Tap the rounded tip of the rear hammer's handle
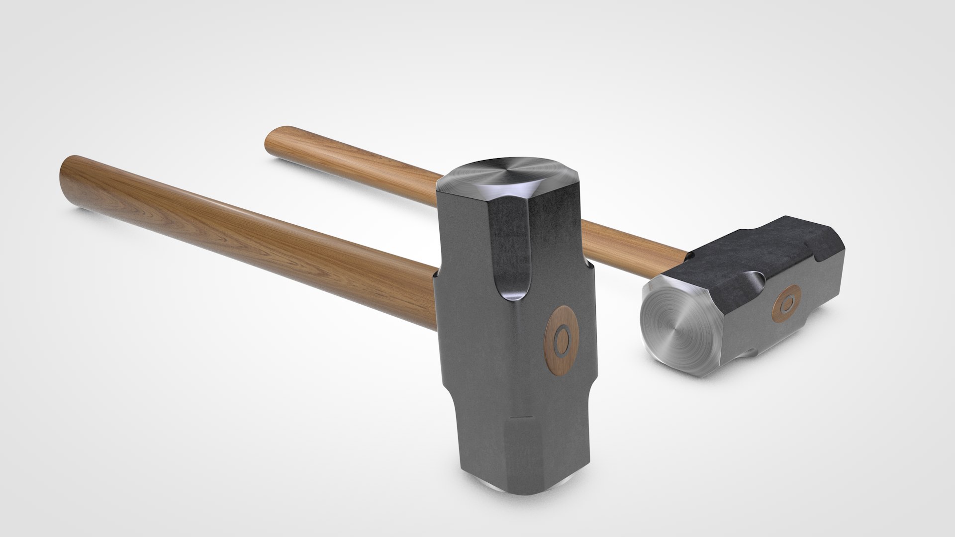[x=272, y=138]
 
